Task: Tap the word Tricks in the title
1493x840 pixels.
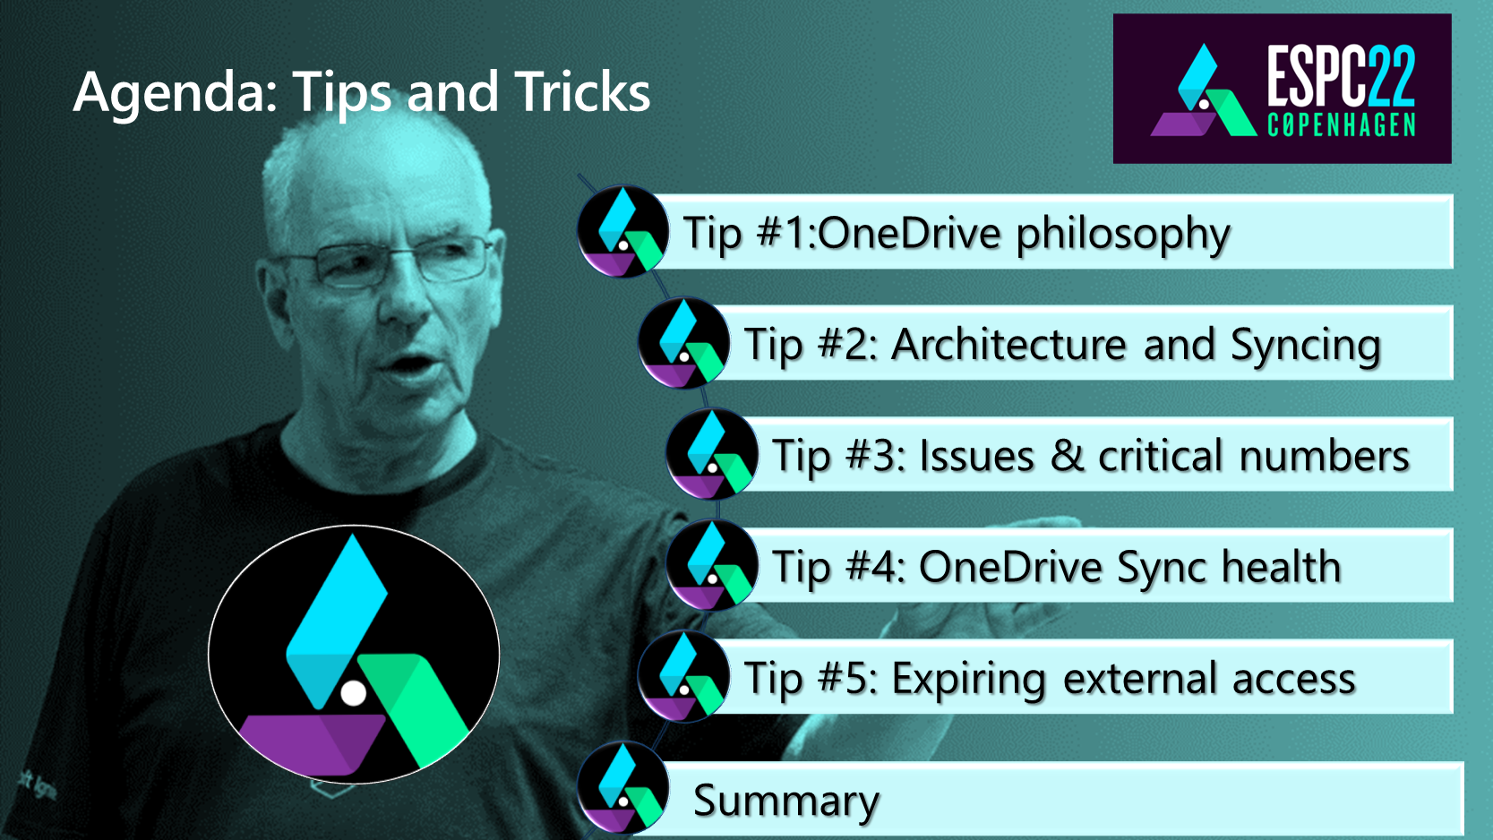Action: (582, 91)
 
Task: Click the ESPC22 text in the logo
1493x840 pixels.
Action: (1341, 76)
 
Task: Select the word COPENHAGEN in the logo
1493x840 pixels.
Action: (1341, 124)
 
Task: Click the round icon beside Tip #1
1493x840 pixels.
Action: (622, 231)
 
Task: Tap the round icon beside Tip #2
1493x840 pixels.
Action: (684, 343)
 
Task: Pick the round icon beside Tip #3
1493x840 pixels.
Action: (712, 454)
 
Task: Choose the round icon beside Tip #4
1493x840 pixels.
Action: (712, 565)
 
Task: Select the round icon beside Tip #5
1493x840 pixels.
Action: (684, 677)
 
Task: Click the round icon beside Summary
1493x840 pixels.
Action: (622, 788)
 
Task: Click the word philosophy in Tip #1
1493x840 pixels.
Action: (1123, 236)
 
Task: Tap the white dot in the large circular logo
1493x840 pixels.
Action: (353, 693)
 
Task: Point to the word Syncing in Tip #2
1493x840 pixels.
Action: (1305, 347)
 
